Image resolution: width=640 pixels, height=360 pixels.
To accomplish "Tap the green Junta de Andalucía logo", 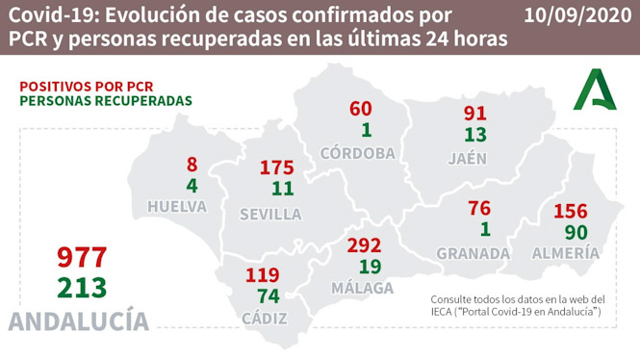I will click(x=599, y=91).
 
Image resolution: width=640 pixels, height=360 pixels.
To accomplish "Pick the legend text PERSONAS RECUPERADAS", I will click(x=106, y=101).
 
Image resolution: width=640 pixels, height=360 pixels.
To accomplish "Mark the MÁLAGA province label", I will click(x=364, y=288).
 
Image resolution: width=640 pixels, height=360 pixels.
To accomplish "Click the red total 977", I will click(x=81, y=257).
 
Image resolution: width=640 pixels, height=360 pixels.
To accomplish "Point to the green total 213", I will click(x=81, y=287).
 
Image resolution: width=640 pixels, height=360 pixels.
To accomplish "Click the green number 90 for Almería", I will click(x=576, y=233).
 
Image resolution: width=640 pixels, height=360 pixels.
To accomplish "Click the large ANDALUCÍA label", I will click(x=79, y=321).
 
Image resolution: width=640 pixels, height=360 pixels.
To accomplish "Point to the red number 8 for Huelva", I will click(x=192, y=164).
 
